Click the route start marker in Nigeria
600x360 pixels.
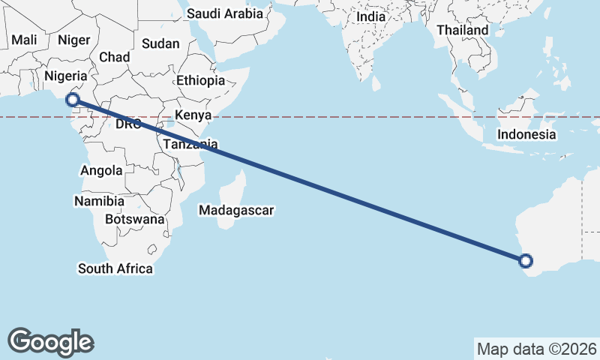click(x=73, y=99)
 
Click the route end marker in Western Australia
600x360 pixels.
click(x=526, y=261)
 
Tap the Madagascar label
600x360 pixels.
click(x=236, y=211)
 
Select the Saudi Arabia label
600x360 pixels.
click(x=225, y=13)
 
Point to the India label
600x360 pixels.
click(x=370, y=16)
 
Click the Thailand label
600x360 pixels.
click(x=462, y=30)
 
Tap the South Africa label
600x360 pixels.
click(x=115, y=268)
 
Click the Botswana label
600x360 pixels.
click(x=135, y=220)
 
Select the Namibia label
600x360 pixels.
click(x=94, y=202)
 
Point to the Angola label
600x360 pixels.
click(x=101, y=171)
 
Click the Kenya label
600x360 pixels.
click(x=193, y=115)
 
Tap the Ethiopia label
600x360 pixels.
click(x=200, y=81)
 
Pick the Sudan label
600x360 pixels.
click(x=160, y=44)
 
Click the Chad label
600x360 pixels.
click(x=114, y=57)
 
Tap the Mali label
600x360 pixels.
click(x=24, y=40)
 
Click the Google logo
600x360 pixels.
click(x=50, y=342)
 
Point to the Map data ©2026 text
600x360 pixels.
click(x=537, y=349)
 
